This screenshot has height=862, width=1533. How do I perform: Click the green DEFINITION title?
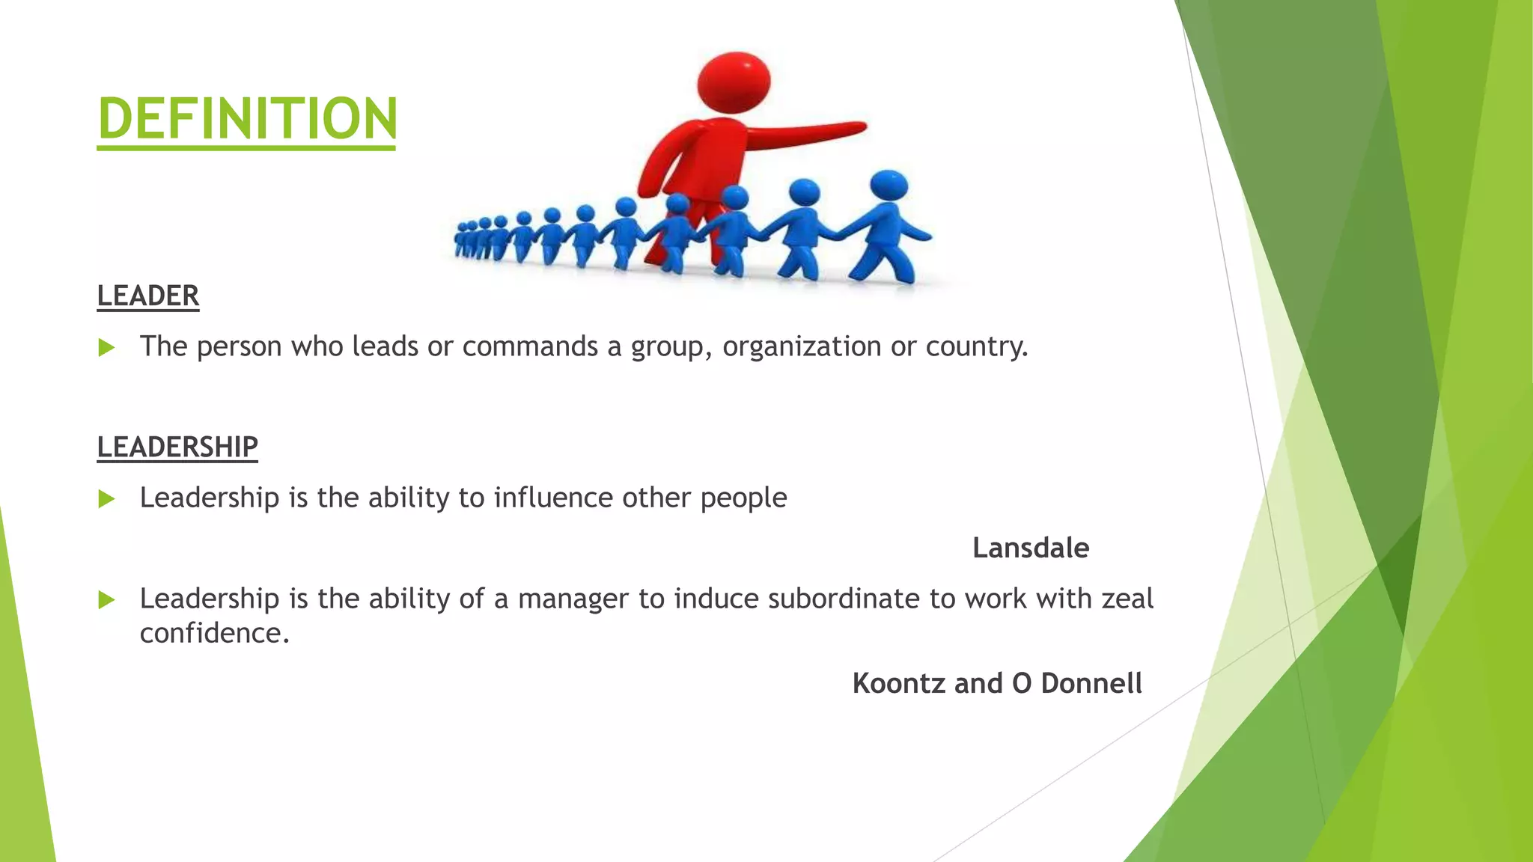[x=247, y=118]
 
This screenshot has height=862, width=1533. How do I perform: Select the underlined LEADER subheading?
[x=148, y=296]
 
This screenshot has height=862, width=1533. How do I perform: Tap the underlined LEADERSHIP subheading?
[x=177, y=447]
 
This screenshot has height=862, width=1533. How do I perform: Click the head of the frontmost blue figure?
[x=889, y=186]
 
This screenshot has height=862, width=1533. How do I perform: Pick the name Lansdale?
[x=1031, y=548]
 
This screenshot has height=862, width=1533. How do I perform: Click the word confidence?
[x=213, y=634]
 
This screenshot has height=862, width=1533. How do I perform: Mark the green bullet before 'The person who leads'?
[x=107, y=347]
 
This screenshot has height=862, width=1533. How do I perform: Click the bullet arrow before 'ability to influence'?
[x=107, y=498]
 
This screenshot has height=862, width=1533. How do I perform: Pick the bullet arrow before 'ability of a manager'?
[x=107, y=599]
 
